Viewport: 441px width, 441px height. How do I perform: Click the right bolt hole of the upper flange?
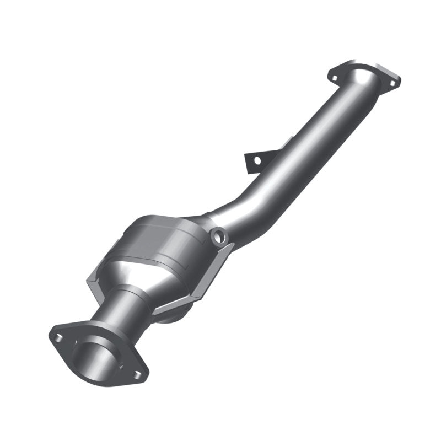pos(392,83)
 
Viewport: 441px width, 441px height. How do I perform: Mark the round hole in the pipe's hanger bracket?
pos(256,160)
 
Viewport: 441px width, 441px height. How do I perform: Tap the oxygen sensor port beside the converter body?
pos(219,236)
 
